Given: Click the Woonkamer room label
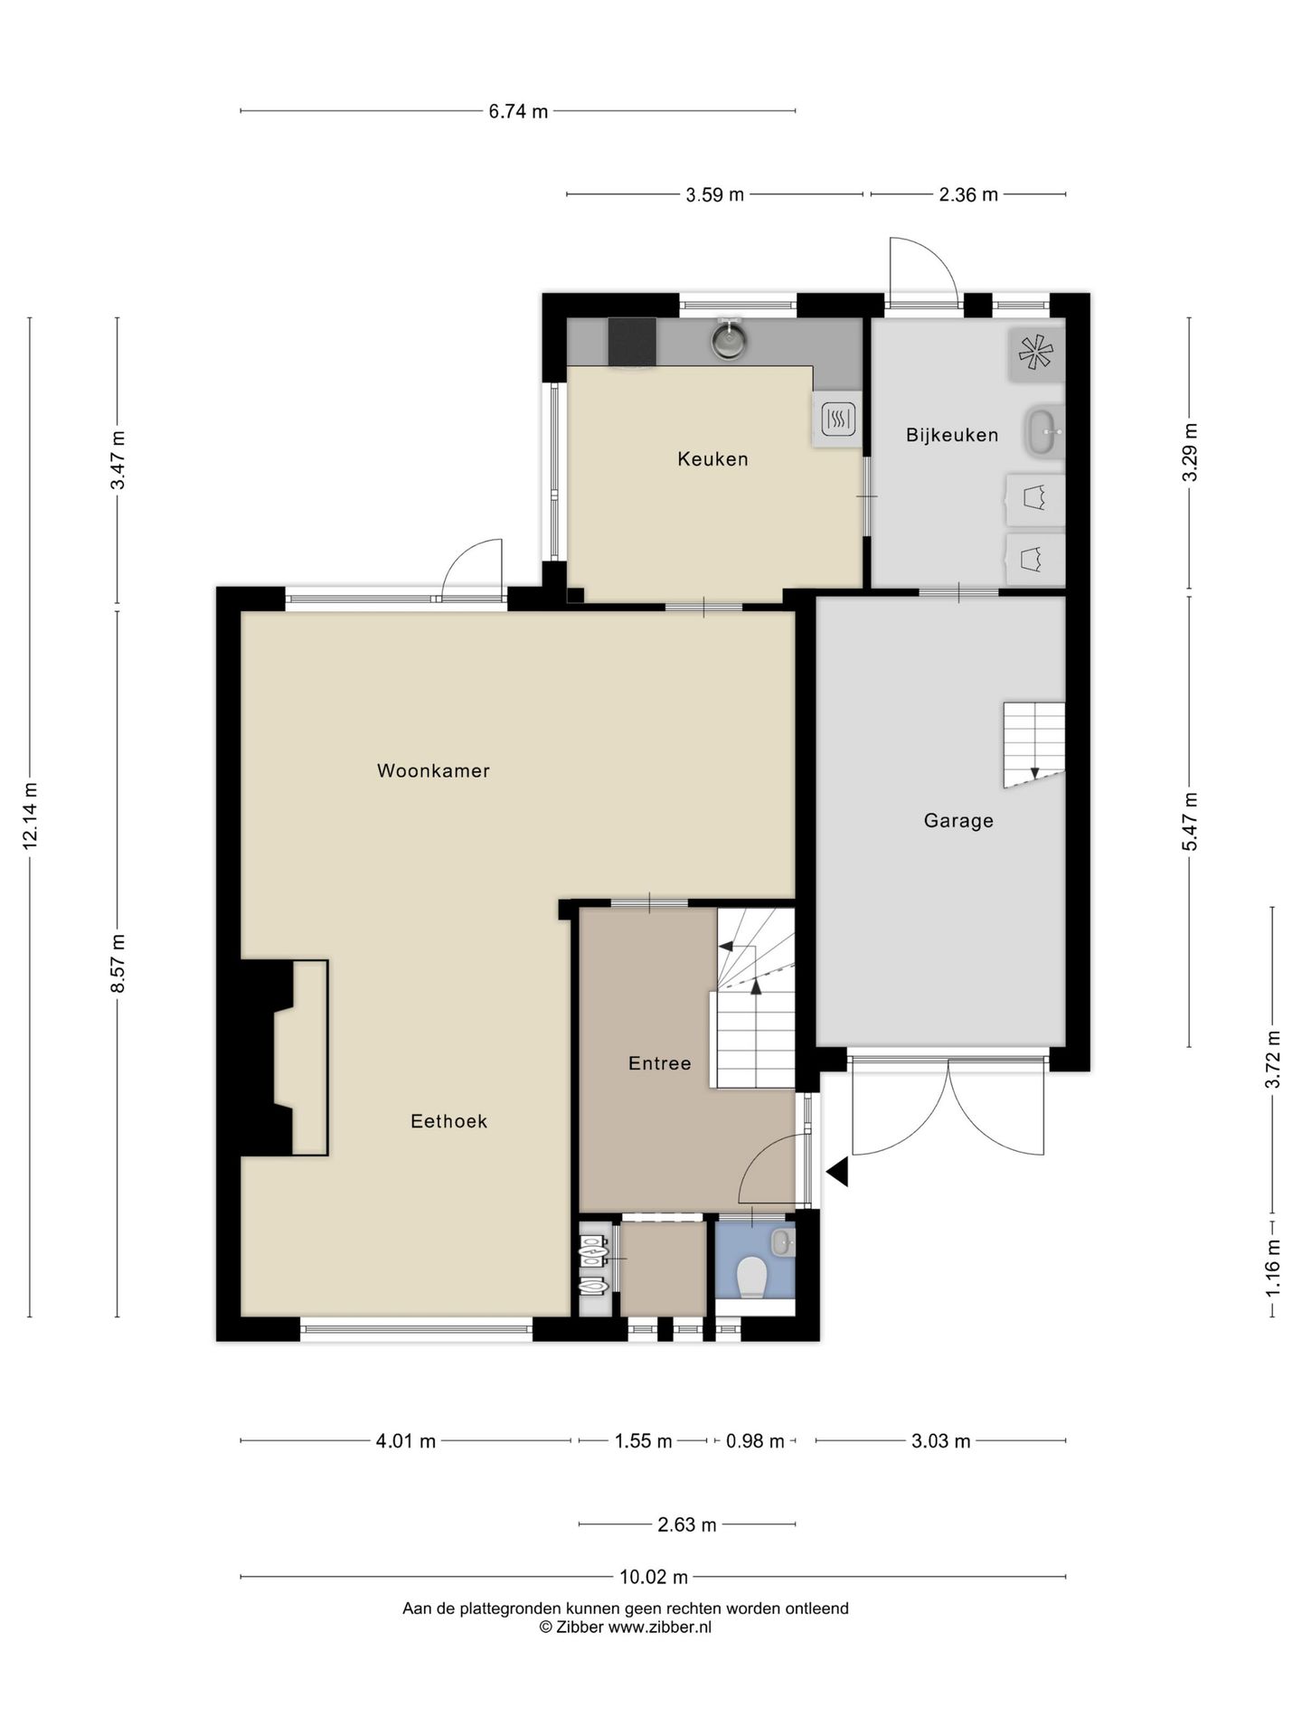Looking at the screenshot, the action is point(433,771).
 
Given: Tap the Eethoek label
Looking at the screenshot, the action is point(448,1121).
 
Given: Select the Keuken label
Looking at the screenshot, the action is point(712,459).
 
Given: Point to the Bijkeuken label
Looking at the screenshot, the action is point(952,435).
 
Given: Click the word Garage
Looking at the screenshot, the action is point(958,821).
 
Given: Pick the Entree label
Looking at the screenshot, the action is point(659,1063).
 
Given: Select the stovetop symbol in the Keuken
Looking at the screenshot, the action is point(837,419).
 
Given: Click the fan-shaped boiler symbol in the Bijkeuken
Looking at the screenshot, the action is point(1035,353).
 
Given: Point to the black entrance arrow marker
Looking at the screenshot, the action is point(837,1172).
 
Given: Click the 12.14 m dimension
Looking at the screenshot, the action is point(30,816).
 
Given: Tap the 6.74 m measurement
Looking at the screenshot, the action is point(518,112).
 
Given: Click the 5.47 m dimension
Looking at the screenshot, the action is point(1190,822).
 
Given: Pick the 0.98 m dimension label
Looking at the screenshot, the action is point(755,1441).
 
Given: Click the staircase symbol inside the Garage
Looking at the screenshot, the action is point(1033,744).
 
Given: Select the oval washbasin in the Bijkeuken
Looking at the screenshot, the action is point(1043,433).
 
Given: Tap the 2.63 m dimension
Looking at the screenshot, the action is point(687,1525).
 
